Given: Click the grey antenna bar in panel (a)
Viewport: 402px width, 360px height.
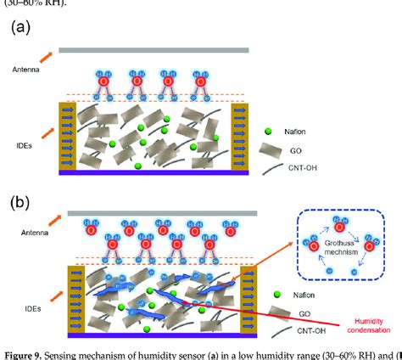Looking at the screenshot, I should coord(154,50).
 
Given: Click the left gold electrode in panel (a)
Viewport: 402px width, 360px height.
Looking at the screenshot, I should coord(67,135).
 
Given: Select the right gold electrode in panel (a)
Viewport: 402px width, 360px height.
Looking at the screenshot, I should coord(239,135).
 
